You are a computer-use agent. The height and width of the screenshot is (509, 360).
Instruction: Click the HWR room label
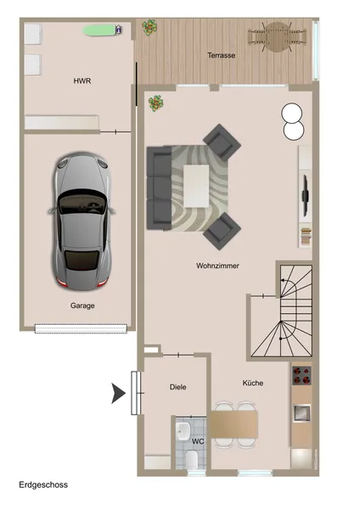pos(82,81)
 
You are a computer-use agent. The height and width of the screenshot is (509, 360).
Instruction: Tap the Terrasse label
pos(222,55)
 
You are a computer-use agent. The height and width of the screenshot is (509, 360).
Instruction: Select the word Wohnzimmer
pos(217,266)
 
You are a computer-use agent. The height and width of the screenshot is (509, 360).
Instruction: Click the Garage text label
pos(82,305)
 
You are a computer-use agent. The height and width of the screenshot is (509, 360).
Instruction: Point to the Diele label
pos(178,387)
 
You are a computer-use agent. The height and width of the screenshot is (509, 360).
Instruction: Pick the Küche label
pos(253,383)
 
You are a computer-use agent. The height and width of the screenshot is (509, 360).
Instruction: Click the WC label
pos(198,441)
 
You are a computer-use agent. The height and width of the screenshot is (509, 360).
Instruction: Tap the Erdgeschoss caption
pos(43,485)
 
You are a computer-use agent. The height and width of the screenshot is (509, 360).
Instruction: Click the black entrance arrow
pos(118,393)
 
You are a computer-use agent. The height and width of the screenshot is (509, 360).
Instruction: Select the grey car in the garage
pos(82,221)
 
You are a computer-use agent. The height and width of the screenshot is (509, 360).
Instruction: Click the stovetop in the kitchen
pos(302,375)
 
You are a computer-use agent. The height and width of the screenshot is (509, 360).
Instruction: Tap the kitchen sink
pos(302,413)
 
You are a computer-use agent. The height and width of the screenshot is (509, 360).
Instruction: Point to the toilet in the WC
pos(191,460)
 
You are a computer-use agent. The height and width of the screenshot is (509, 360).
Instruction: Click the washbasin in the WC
pos(183,431)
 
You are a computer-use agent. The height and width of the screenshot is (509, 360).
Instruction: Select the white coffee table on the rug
pos(196,186)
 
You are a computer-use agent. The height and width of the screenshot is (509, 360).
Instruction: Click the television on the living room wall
pos(305,196)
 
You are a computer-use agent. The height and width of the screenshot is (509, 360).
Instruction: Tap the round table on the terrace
pos(277,36)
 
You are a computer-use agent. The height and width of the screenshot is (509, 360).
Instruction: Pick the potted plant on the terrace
pos(149,27)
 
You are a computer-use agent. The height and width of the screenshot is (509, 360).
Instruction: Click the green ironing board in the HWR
pos(99,31)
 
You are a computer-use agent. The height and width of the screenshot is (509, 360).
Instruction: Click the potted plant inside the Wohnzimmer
pos(156,103)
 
